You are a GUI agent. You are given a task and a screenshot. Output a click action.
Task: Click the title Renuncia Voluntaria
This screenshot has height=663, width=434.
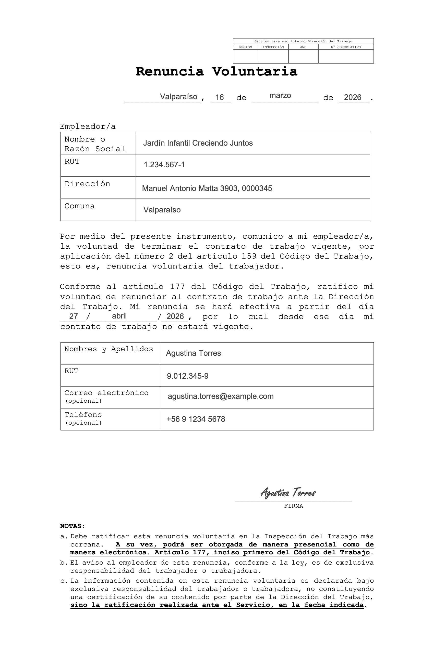click(x=216, y=72)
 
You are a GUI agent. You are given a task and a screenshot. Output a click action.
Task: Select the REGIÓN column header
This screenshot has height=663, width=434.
click(x=245, y=47)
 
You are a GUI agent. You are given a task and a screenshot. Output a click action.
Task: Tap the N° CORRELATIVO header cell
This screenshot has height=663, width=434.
click(x=346, y=47)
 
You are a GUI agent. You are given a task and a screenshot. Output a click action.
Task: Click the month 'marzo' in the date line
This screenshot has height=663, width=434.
click(x=280, y=96)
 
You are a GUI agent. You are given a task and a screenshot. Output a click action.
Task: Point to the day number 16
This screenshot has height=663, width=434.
click(x=220, y=97)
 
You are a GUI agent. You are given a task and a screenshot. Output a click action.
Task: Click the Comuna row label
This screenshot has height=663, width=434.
click(x=79, y=206)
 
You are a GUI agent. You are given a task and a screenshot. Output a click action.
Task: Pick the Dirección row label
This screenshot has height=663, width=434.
click(x=87, y=184)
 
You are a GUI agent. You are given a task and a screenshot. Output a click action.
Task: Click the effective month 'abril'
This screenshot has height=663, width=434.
click(x=119, y=316)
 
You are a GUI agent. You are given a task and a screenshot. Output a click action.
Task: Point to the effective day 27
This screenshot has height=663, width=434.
click(x=73, y=316)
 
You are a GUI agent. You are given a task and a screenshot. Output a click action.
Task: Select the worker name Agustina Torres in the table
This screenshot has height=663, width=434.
click(x=193, y=353)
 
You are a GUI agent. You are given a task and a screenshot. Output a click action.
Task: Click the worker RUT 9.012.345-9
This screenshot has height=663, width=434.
click(x=187, y=376)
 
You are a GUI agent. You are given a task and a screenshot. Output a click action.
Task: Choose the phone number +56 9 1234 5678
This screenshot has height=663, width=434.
click(x=196, y=419)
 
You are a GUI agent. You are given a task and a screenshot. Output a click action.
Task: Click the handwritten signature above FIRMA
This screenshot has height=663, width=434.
click(x=288, y=492)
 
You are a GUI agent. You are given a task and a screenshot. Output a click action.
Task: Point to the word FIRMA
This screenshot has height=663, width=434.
click(x=293, y=506)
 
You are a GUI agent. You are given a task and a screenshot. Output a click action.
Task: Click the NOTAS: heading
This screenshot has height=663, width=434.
click(x=73, y=526)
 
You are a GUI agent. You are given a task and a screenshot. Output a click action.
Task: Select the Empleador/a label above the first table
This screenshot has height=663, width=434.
click(x=88, y=126)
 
